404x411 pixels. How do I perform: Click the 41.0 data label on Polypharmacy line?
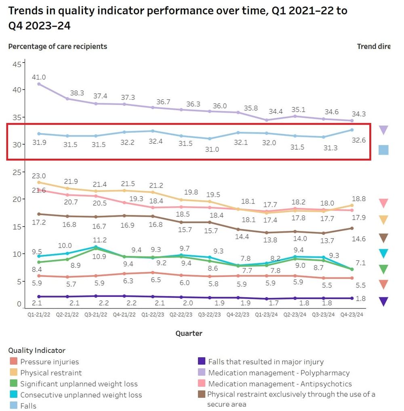click(39, 77)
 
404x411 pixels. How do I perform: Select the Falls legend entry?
click(28, 406)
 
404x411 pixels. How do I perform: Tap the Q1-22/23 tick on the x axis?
click(152, 315)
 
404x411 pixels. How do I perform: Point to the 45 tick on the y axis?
click(17, 64)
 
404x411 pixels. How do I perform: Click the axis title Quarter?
click(189, 333)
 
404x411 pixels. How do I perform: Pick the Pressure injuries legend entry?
click(49, 362)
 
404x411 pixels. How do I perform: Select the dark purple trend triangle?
click(383, 301)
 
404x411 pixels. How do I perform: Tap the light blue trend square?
click(383, 150)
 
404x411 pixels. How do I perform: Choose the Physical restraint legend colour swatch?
click(14, 373)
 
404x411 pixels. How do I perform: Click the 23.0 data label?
click(39, 176)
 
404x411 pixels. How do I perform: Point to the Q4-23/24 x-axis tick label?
click(351, 315)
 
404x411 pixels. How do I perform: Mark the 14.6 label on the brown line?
click(358, 239)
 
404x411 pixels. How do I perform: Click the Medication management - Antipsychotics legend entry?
click(280, 384)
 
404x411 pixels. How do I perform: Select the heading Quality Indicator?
click(37, 350)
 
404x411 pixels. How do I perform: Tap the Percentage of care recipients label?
click(58, 46)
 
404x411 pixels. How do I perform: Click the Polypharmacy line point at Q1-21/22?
click(39, 84)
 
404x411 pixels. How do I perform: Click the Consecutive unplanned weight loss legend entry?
click(81, 395)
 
